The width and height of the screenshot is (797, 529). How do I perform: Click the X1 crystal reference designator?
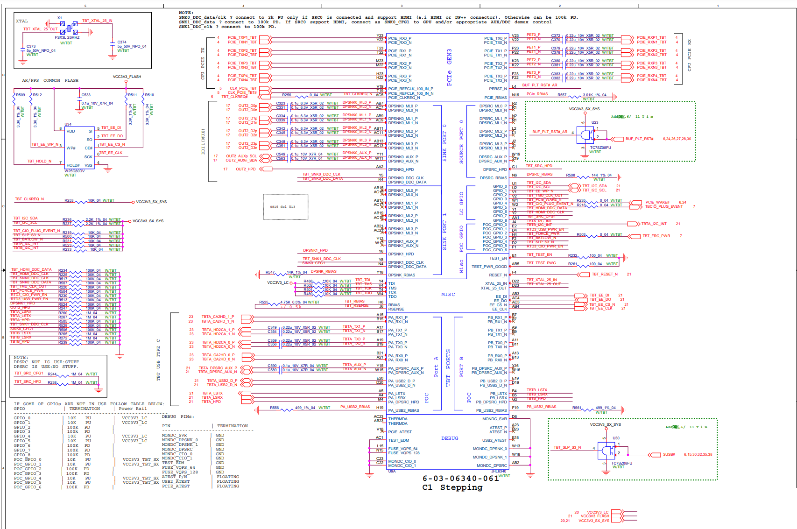tap(60, 18)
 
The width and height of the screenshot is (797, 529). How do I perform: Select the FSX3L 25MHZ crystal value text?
tap(67, 38)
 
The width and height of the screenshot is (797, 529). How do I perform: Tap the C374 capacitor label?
tap(122, 42)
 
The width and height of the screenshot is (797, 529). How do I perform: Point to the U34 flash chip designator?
tap(68, 124)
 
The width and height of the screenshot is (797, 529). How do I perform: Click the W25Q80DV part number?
tap(75, 171)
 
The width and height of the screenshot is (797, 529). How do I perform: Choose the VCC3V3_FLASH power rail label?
tap(127, 77)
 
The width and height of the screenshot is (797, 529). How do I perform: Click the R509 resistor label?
tap(21, 95)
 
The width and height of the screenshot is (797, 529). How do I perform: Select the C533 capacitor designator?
tap(86, 95)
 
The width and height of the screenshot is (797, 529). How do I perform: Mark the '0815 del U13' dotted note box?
tap(286, 207)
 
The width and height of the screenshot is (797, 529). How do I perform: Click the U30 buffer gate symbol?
tap(607, 451)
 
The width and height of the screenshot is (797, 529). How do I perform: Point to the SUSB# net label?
tap(669, 454)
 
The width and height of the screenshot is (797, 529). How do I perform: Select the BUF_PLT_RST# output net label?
tap(639, 139)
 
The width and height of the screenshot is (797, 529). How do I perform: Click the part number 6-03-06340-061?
tap(460, 478)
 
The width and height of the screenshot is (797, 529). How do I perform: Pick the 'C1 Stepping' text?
tap(452, 487)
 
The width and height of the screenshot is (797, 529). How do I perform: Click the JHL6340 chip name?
tap(498, 471)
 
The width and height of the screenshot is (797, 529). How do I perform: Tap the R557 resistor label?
tap(562, 95)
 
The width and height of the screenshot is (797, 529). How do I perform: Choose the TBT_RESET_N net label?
tap(605, 274)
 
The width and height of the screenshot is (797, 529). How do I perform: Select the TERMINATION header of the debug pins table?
tap(232, 426)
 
